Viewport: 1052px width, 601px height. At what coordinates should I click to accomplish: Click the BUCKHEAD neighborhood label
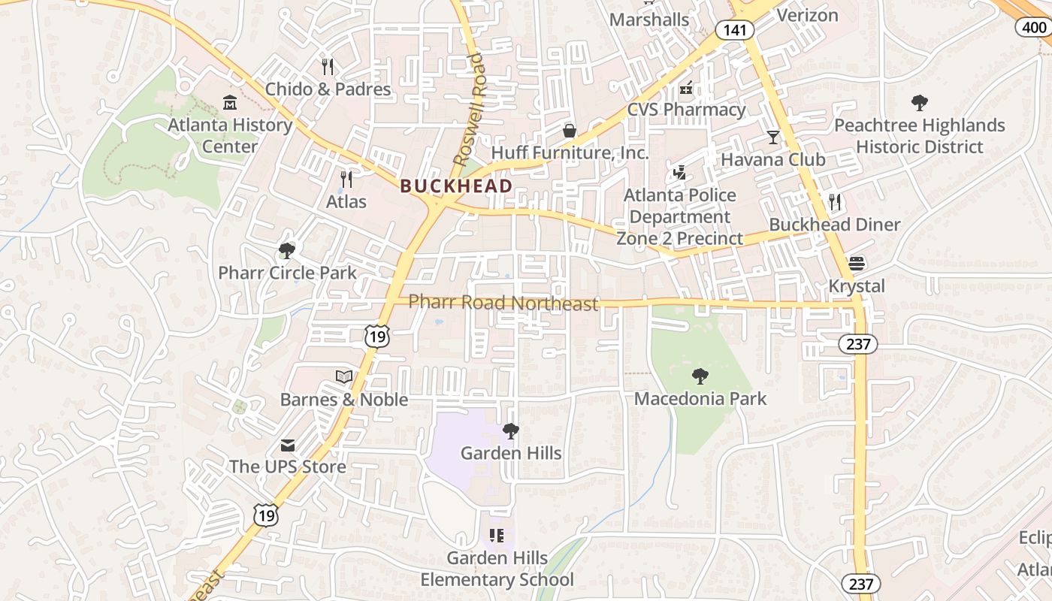456,186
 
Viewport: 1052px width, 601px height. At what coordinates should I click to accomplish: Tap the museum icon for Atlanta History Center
229,101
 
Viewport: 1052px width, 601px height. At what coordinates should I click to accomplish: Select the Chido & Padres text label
328,89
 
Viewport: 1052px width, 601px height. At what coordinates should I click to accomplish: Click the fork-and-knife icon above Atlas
346,179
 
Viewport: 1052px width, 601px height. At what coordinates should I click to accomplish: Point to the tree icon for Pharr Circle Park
286,250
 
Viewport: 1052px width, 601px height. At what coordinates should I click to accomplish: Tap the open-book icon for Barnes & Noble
343,376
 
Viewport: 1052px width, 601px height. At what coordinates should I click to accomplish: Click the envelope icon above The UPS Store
288,445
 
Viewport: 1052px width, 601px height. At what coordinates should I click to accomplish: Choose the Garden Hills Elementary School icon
496,536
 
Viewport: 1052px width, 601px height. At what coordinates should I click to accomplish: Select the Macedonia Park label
700,398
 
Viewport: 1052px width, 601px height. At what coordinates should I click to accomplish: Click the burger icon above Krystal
857,264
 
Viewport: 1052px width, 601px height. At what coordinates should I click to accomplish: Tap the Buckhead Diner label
834,225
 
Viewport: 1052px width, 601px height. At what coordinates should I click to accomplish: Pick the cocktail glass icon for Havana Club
772,137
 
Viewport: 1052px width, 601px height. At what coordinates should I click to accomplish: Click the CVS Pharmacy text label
686,110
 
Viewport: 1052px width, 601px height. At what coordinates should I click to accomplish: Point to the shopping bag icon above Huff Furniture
570,131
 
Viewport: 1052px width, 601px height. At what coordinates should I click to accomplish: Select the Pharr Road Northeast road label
503,303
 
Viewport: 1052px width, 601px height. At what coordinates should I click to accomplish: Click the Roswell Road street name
470,110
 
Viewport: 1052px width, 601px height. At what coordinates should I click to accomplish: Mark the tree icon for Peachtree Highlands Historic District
919,103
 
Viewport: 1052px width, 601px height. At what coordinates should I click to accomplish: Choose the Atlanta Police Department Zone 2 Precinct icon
680,173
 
